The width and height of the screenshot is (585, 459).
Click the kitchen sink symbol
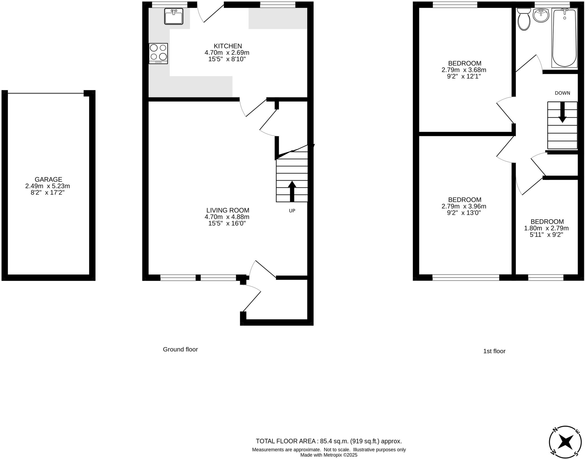[x=174, y=16]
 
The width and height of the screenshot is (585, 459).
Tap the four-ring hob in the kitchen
[x=158, y=53]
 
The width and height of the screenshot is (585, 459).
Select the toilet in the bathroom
[x=524, y=19]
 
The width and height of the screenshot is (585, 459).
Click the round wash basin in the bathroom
[x=541, y=15]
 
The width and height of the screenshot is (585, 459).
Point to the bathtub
[x=564, y=38]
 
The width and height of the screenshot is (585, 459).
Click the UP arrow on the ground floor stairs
[x=292, y=191]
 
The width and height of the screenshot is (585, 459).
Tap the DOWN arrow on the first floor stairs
[x=562, y=113]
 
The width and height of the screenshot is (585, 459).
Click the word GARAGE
[x=48, y=179]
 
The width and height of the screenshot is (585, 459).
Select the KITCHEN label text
[x=228, y=46]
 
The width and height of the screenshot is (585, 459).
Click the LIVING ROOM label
[x=228, y=211]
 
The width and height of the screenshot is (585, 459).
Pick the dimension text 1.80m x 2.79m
[x=546, y=228]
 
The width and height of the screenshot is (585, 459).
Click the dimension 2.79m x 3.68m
[x=464, y=70]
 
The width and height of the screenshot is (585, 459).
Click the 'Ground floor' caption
[x=180, y=349]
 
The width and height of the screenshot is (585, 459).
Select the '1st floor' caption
[x=494, y=351]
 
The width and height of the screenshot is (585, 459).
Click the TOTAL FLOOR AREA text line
[x=328, y=441]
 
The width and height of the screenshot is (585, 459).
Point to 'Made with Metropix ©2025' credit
[x=328, y=455]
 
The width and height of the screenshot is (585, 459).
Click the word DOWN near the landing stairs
[x=562, y=93]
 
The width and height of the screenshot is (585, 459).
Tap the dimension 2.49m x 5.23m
[x=47, y=186]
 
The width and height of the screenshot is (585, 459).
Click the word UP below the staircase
[x=292, y=211]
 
